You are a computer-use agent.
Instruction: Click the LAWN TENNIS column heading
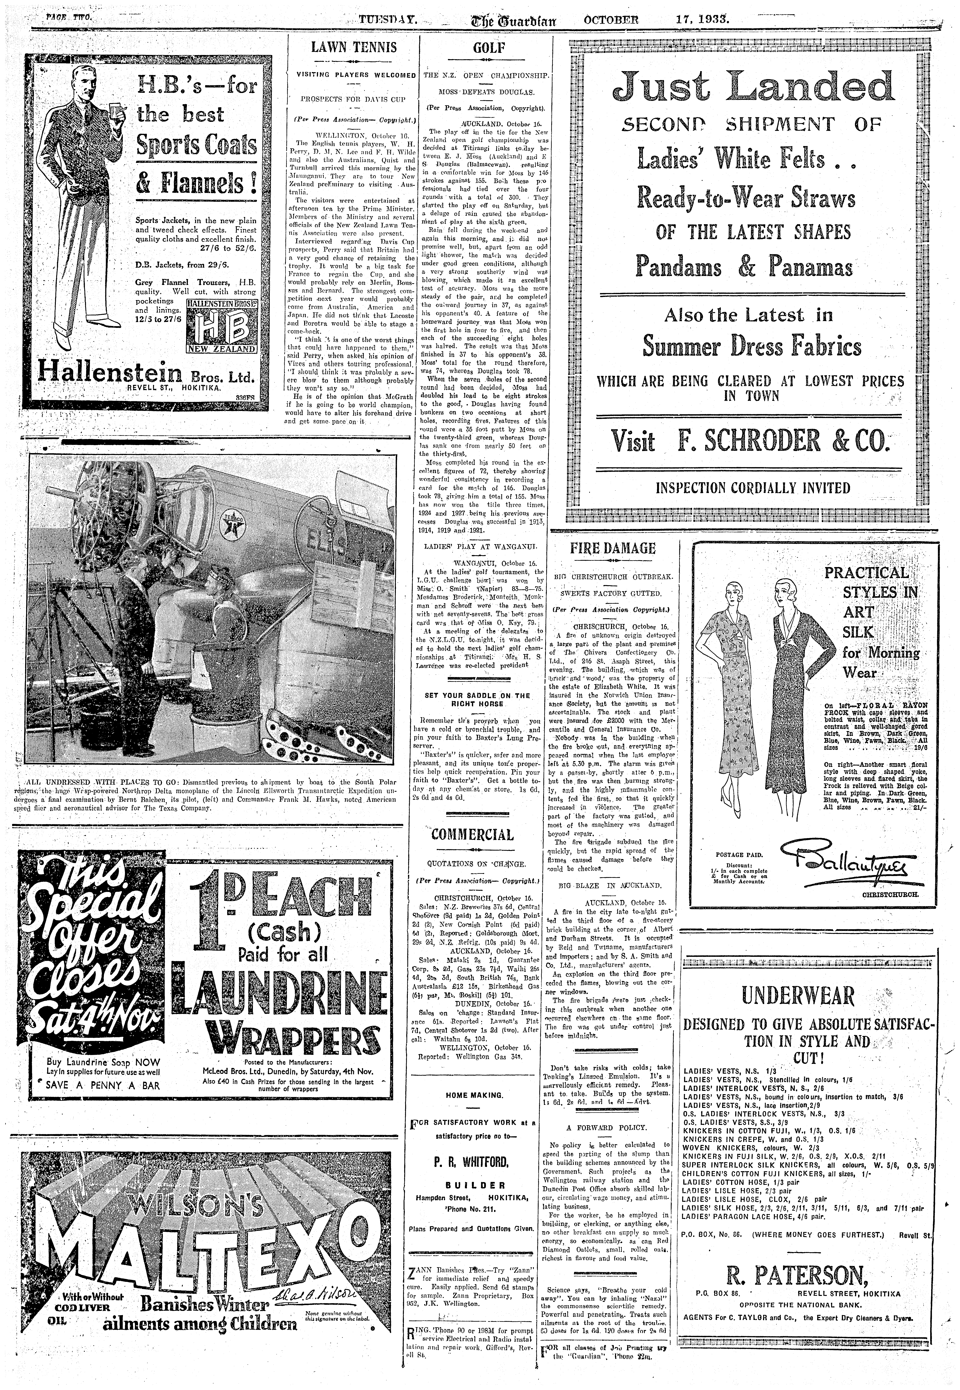[x=353, y=47]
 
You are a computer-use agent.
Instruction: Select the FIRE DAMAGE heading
[x=612, y=548]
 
